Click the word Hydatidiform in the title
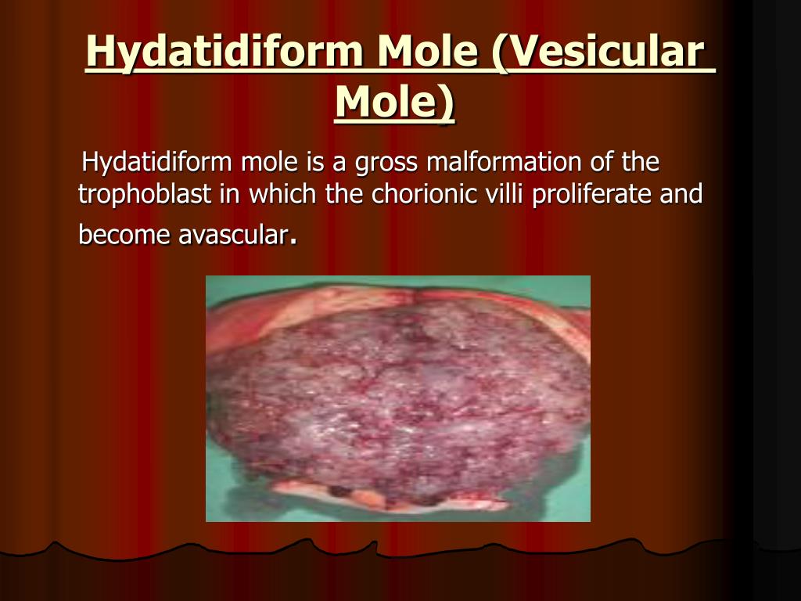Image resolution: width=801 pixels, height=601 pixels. point(224,51)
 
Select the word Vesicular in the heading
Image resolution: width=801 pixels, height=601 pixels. point(598,51)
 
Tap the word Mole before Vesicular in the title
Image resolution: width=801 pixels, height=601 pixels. point(427,51)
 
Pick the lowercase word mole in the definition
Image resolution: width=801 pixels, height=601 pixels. point(269,162)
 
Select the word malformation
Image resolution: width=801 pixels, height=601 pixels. point(505,162)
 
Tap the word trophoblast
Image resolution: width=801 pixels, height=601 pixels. point(145,194)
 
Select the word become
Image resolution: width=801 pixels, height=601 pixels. point(124,235)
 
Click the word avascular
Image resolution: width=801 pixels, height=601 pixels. point(233,236)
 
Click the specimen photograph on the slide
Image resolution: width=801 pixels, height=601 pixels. point(398,398)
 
